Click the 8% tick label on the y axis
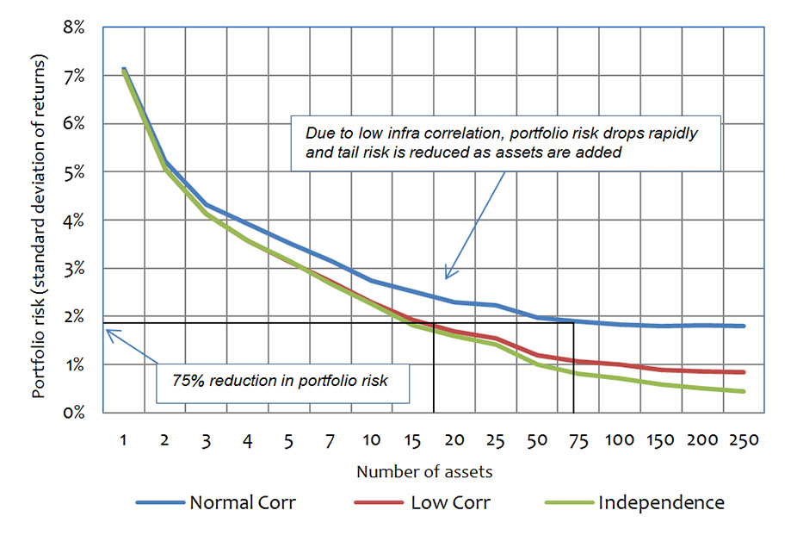[x=72, y=28]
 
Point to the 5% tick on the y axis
[x=72, y=172]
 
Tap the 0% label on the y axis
[x=72, y=413]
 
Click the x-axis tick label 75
[x=578, y=440]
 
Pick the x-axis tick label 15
[x=412, y=440]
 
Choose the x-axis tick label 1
[x=124, y=440]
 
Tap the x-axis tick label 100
[x=620, y=440]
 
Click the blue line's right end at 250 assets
[x=744, y=327]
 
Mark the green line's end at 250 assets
[x=744, y=391]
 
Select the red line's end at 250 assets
[x=744, y=372]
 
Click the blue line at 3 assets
[x=207, y=205]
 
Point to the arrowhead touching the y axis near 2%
[x=107, y=330]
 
